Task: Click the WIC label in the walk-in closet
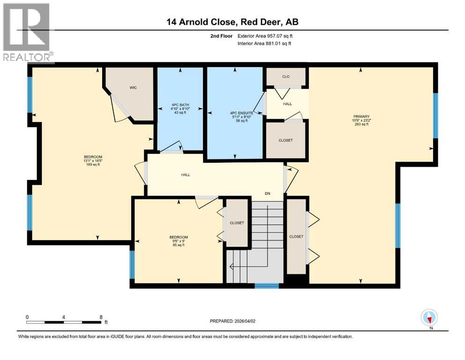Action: (133, 88)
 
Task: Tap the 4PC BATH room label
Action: (179, 106)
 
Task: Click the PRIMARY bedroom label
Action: (362, 116)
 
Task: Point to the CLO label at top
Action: (286, 76)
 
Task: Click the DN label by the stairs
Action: (267, 193)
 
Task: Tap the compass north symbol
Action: (429, 318)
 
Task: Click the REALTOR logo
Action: (27, 32)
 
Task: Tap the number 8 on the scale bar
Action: (101, 316)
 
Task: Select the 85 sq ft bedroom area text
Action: (178, 245)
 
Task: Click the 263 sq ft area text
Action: (362, 124)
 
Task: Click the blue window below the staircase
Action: (266, 285)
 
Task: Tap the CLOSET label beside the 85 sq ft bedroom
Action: (237, 223)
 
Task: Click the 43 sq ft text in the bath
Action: (179, 113)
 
